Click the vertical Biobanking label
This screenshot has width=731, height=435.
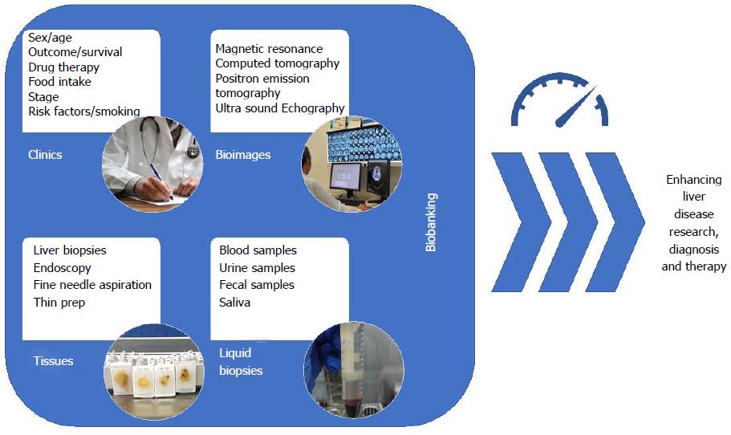coord(431,222)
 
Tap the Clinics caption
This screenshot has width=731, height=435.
coord(45,155)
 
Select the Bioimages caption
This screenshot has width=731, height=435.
coord(243,155)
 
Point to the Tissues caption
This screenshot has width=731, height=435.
coord(53,361)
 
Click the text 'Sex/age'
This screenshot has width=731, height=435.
coord(50,37)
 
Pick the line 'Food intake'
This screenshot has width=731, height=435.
coord(59,82)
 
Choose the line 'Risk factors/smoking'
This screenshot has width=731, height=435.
coord(84,112)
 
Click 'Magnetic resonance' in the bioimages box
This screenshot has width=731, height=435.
coord(269,49)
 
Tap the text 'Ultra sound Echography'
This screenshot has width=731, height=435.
coord(280,108)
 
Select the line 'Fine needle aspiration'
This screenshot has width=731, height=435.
coord(92,284)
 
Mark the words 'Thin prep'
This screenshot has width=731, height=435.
coord(59,303)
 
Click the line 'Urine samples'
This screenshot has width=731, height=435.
coord(257,268)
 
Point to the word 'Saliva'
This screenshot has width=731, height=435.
coord(234,302)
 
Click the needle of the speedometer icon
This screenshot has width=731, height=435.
coord(576,107)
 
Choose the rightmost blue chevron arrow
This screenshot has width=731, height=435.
coord(615,222)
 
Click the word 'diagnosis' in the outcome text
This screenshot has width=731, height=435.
coord(694,249)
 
